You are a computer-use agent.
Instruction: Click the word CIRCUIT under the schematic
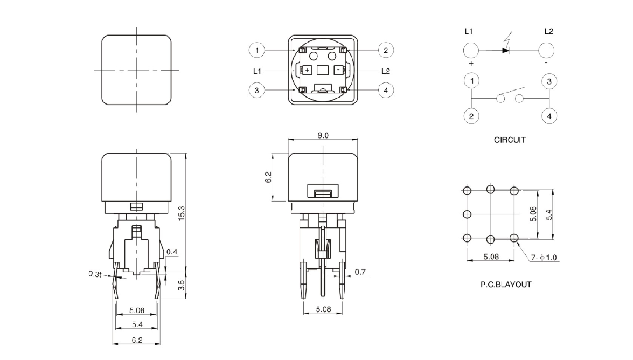coord(510,140)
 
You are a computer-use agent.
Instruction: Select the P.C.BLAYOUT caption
coord(505,285)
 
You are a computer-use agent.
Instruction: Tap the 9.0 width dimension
coord(322,135)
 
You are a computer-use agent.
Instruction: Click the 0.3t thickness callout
coord(95,274)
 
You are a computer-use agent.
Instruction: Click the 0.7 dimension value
coord(360,272)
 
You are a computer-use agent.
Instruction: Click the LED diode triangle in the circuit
coord(505,50)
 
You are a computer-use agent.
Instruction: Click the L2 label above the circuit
coord(548,31)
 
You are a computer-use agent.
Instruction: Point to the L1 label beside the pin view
coord(258,71)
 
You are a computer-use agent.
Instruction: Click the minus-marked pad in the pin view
coord(337,70)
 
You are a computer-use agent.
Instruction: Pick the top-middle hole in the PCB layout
coord(490,189)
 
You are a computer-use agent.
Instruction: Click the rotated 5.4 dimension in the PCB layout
coord(548,214)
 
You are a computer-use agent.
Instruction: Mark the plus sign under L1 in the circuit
coord(471,63)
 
